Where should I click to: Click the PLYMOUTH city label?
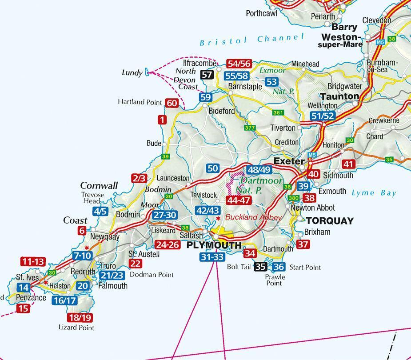[x=214, y=245]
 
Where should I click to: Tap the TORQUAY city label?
[x=330, y=221]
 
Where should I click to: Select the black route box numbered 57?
[x=207, y=75]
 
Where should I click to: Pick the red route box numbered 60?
[x=172, y=103]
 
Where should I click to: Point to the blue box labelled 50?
[x=213, y=168]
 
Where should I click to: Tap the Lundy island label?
[x=132, y=72]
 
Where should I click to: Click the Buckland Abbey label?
[x=253, y=217]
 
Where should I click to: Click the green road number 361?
[x=278, y=112]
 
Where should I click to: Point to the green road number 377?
[x=250, y=128]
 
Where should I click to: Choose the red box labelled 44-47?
[x=239, y=200]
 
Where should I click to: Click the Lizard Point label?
[x=76, y=328]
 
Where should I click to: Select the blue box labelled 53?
[x=271, y=82]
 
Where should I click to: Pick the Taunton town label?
[x=339, y=96]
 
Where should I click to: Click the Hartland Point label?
[x=140, y=102]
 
